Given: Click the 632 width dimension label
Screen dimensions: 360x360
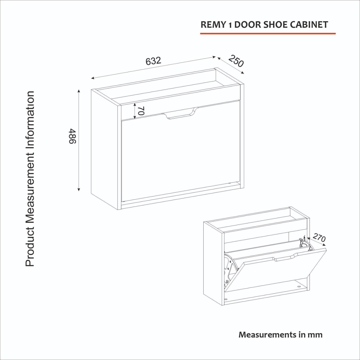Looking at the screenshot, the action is coord(153,61).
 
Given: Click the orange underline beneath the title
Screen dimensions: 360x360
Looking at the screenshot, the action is coord(268,34).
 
